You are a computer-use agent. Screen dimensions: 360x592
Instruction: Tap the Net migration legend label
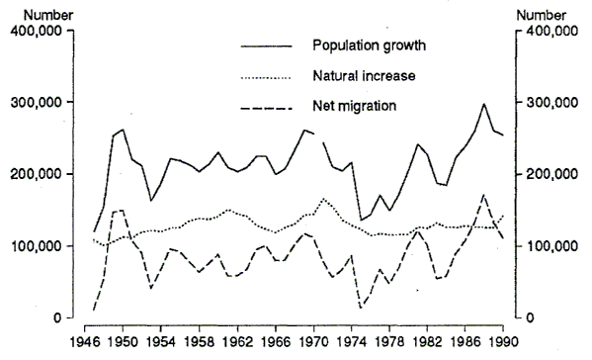point(349,105)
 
